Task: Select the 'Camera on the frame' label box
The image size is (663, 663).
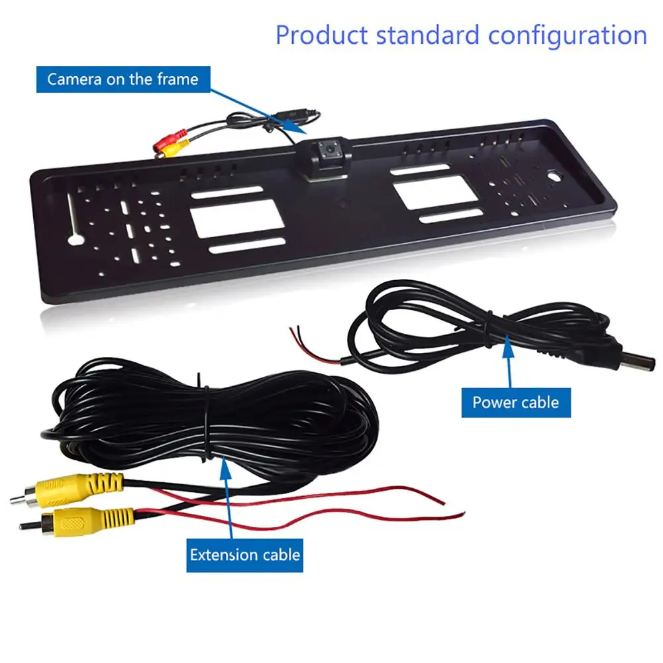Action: [123, 79]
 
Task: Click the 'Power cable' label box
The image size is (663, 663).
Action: [515, 402]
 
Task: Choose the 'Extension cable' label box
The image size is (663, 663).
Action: [245, 554]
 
